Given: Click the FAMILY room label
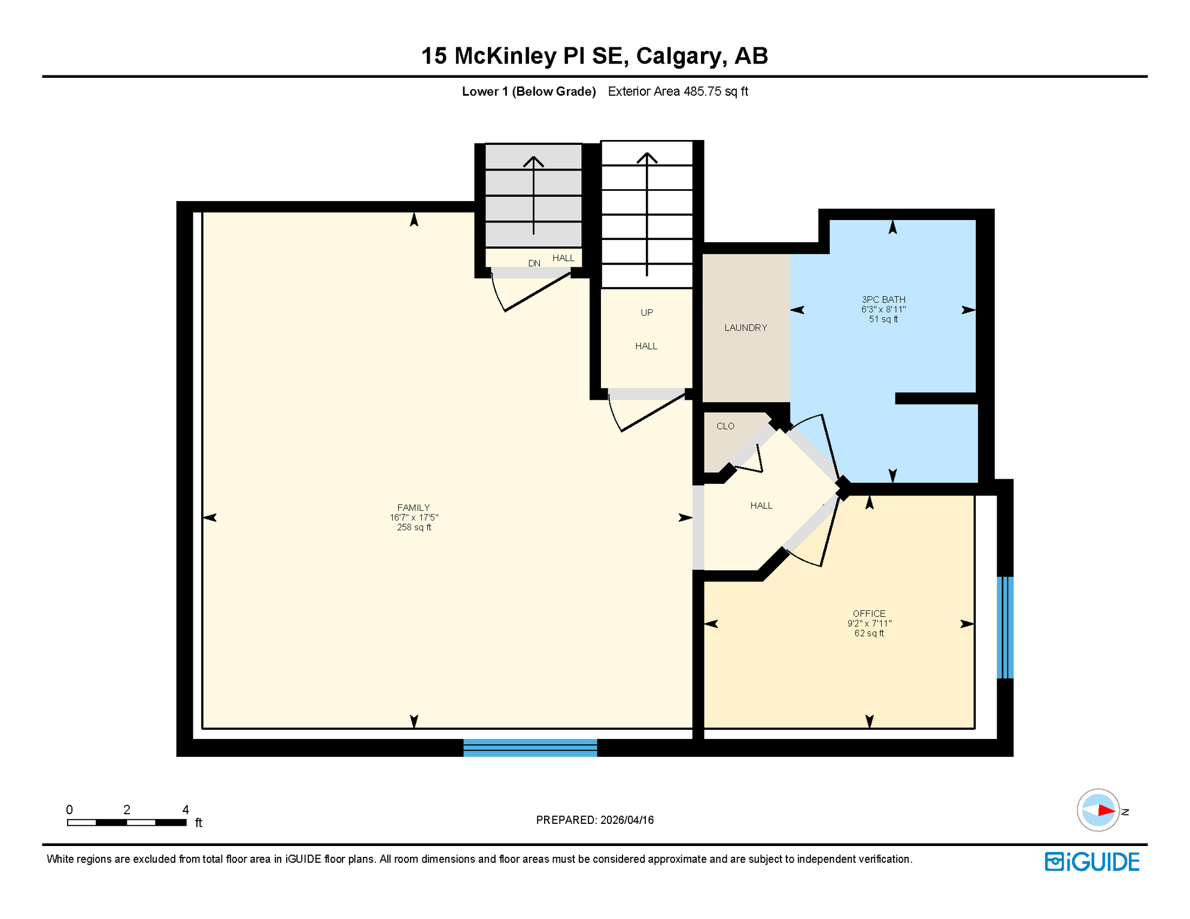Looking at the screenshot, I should (x=413, y=507).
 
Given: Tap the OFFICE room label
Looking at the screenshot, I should (x=869, y=613).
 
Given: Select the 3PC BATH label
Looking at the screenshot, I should (x=883, y=299).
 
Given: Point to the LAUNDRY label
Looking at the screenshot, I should (x=745, y=328).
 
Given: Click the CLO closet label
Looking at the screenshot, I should (x=725, y=426).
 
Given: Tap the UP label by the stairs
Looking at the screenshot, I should (x=646, y=312).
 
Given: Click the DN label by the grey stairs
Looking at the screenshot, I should (x=534, y=263).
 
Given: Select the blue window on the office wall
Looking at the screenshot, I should (x=1005, y=627).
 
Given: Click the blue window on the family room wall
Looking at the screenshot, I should (x=530, y=747).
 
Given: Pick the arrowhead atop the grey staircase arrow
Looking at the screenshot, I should (x=533, y=160).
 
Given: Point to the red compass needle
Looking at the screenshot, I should (x=1105, y=811).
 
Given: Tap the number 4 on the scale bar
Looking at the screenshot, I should (x=186, y=810).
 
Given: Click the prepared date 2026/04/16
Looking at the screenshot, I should (x=627, y=820).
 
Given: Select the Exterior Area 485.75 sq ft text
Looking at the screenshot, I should (x=678, y=92).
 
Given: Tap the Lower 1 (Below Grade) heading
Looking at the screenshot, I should (x=529, y=92).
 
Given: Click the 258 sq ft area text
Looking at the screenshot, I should (x=414, y=527).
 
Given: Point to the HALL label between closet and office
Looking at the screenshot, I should (x=761, y=506).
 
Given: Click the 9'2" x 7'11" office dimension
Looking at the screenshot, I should (x=869, y=623).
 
